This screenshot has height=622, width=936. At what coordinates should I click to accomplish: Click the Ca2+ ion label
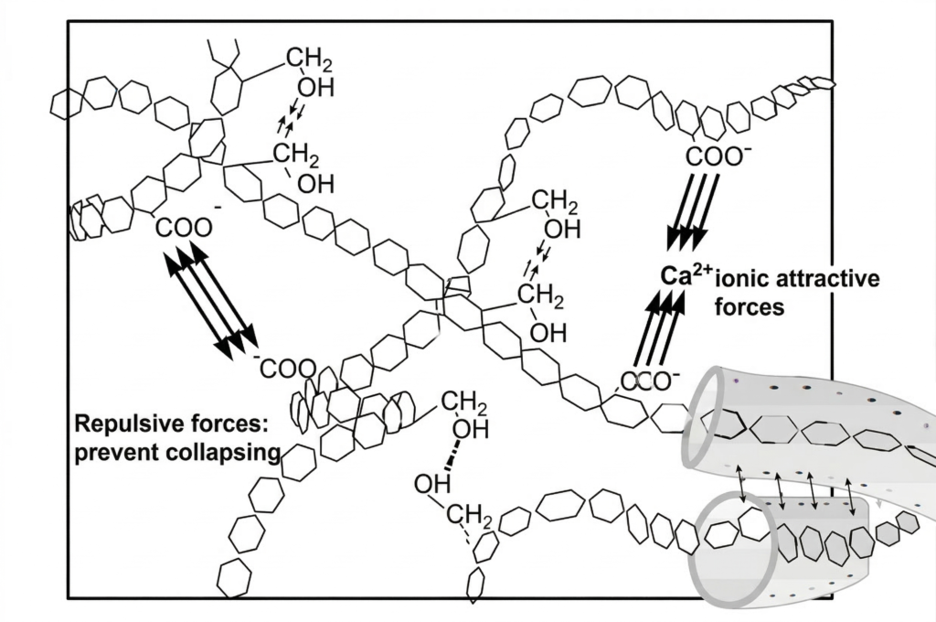pos(678,274)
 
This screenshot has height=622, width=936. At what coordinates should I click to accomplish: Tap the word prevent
pos(118,451)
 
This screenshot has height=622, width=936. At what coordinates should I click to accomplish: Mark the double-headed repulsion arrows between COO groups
pos(208,298)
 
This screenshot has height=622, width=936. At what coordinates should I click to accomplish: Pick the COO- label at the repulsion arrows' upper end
pos(186,226)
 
